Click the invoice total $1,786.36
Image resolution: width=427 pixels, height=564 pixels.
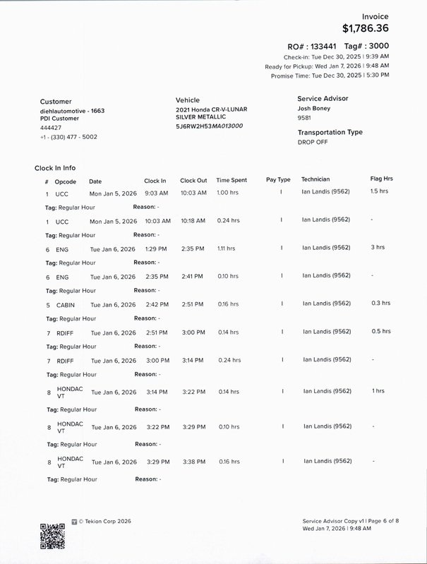click(365, 29)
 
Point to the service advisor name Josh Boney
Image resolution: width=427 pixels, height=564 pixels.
click(314, 109)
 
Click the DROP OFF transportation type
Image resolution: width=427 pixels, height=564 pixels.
click(313, 142)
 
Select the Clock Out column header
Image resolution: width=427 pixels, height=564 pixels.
click(193, 180)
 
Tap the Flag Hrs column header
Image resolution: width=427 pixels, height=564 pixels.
click(381, 179)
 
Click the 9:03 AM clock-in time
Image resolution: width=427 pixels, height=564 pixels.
click(155, 193)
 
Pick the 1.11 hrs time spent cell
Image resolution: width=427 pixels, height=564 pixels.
click(226, 248)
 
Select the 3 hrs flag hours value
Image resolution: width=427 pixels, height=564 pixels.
click(378, 248)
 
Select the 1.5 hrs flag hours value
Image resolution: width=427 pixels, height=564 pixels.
click(379, 191)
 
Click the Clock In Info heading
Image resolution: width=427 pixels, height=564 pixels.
click(55, 168)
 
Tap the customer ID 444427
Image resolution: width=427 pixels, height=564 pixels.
click(50, 128)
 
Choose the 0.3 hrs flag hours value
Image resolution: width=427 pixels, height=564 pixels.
click(380, 303)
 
